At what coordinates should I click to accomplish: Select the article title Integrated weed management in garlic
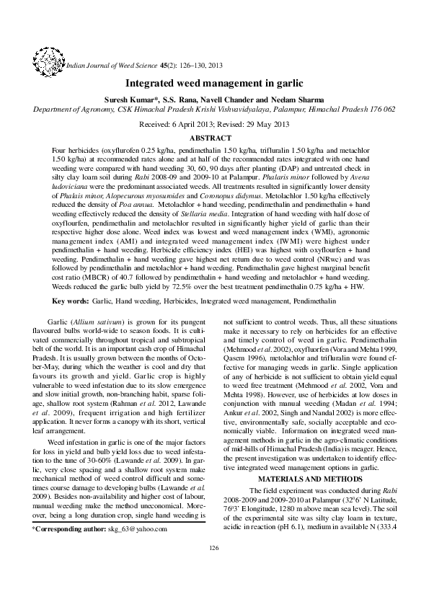[x=214, y=84]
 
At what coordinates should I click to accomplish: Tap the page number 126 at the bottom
[x=213, y=569]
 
